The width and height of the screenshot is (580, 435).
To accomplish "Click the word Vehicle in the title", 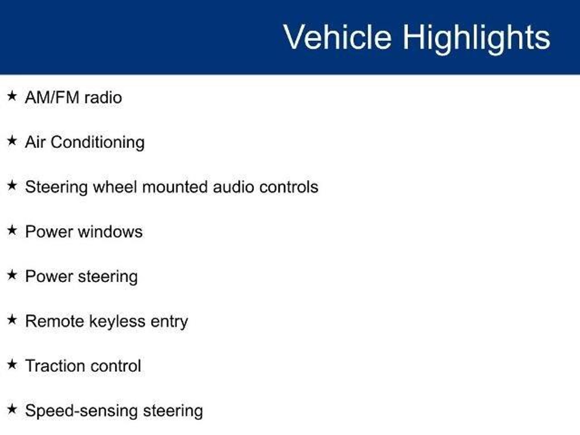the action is click(x=337, y=37).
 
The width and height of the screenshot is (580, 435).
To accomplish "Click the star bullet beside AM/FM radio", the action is click(x=12, y=96).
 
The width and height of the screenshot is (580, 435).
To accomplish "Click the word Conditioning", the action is click(x=97, y=142).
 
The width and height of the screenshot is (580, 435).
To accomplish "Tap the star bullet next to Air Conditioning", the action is click(x=12, y=141).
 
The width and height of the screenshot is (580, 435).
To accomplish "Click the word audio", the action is click(x=233, y=187).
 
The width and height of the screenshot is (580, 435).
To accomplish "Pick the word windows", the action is click(x=110, y=232).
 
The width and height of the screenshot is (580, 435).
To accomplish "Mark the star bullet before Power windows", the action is click(x=12, y=230).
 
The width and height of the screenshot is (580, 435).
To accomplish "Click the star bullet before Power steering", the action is click(x=12, y=275).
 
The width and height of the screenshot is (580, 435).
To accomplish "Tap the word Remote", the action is click(x=54, y=321).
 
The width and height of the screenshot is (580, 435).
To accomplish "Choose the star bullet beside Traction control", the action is click(x=12, y=364).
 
